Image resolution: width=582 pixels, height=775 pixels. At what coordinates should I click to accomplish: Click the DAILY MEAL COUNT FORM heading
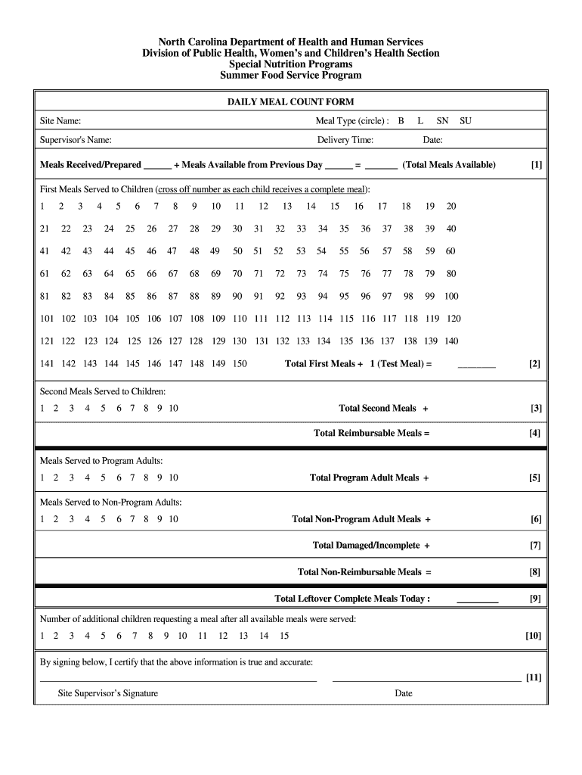click(291, 101)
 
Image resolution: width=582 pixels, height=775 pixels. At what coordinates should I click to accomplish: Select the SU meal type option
click(466, 121)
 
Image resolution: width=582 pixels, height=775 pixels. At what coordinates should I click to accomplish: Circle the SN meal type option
click(442, 121)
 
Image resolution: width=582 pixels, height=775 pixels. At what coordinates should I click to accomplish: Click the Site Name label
click(60, 121)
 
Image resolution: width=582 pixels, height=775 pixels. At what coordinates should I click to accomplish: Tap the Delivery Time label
click(345, 140)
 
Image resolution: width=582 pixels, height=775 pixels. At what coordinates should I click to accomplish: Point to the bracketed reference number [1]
click(536, 165)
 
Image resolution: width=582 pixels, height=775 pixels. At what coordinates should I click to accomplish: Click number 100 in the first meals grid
click(451, 296)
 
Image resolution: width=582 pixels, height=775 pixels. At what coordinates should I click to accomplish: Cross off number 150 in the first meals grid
click(240, 364)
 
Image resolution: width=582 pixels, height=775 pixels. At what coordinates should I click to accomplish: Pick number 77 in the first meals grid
click(387, 274)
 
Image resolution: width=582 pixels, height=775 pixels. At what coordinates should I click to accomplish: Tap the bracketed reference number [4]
click(535, 434)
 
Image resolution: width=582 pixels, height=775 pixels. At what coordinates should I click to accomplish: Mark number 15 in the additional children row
click(284, 636)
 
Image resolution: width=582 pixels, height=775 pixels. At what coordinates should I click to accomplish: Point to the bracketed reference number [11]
click(534, 677)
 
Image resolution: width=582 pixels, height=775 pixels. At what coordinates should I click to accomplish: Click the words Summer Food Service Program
click(291, 76)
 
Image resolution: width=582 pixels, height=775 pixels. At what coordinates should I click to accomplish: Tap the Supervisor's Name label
click(76, 140)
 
